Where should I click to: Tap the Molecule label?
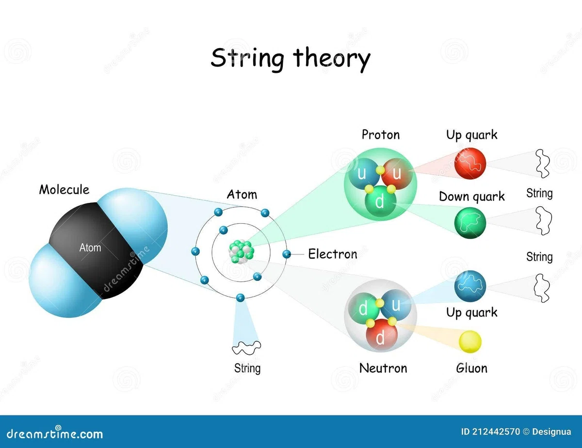click(x=64, y=190)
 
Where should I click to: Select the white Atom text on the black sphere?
click(x=90, y=248)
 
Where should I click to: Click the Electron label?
click(x=333, y=254)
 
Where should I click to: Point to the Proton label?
click(x=381, y=135)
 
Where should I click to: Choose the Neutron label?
click(x=383, y=368)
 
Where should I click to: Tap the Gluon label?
click(x=471, y=368)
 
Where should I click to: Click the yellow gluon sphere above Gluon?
click(x=470, y=342)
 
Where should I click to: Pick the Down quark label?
click(x=471, y=197)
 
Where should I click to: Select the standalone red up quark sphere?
click(x=470, y=163)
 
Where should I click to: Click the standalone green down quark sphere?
click(x=470, y=223)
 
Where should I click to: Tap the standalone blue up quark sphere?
click(x=470, y=286)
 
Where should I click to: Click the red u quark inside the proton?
click(x=397, y=174)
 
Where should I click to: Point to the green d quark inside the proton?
click(x=380, y=201)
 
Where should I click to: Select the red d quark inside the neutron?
click(x=381, y=335)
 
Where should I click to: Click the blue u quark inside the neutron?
click(x=396, y=304)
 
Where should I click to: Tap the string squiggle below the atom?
click(x=246, y=348)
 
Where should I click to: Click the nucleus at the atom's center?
click(x=242, y=251)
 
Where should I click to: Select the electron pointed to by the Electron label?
click(x=287, y=254)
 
